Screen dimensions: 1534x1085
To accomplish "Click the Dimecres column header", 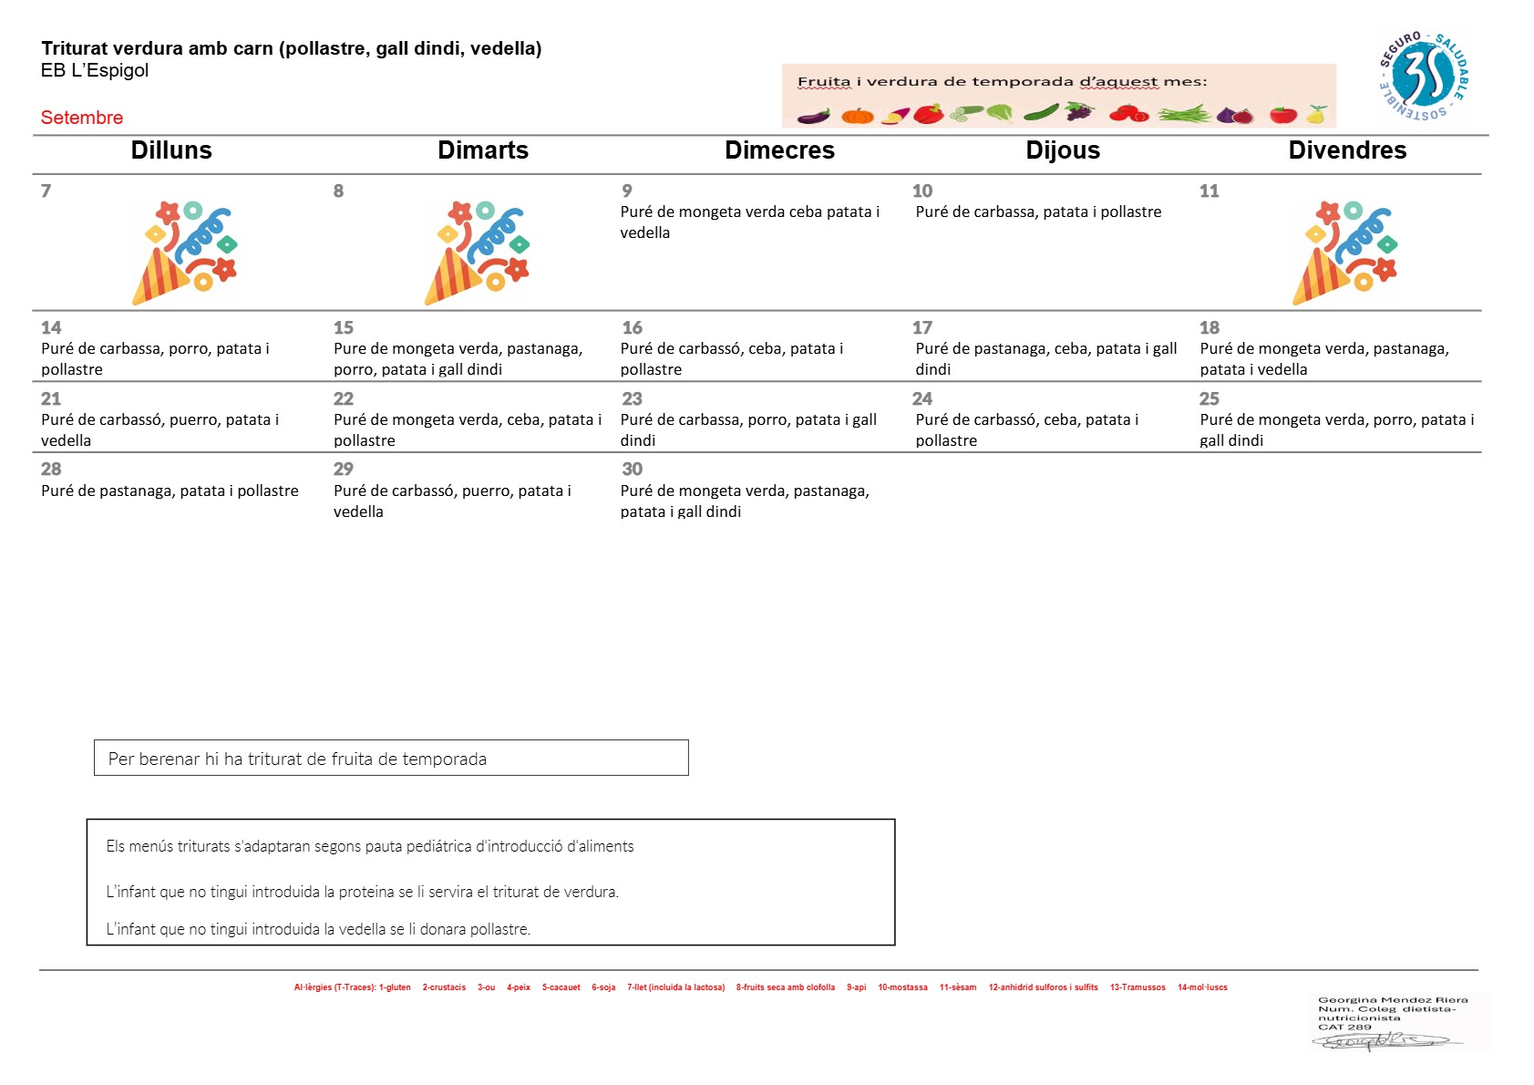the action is [x=779, y=150].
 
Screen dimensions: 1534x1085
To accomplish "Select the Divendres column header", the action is [x=1347, y=150].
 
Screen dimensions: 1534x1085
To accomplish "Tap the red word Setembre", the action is [x=81, y=117].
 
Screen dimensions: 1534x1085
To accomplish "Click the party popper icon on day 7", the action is [x=185, y=252].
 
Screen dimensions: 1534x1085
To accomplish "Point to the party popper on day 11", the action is [x=1344, y=252].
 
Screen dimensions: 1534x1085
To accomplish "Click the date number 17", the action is [x=921, y=327].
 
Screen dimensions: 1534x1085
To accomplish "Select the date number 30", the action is [x=632, y=469].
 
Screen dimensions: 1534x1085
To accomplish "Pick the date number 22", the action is [x=343, y=398].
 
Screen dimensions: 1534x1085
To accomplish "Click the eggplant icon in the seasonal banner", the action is [x=814, y=116].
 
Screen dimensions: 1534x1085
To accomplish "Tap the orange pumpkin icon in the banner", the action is [x=858, y=115].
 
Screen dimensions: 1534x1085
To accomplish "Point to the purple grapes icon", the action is [x=1079, y=111].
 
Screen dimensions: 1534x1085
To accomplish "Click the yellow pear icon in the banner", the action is [x=1316, y=114].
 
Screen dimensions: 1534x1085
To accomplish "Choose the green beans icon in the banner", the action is [x=1184, y=114].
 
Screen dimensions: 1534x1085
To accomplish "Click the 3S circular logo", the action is [x=1423, y=76].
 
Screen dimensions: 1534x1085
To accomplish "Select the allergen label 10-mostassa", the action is [x=902, y=987].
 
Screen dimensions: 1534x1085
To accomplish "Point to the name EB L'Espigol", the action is [x=95, y=70].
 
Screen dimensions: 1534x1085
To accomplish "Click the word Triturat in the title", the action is [x=74, y=48].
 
